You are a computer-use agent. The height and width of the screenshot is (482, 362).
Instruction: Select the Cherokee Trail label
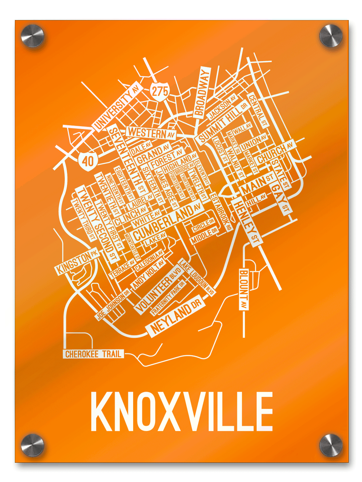pos(93,354)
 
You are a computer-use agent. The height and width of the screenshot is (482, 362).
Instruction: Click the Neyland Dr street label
pos(176,317)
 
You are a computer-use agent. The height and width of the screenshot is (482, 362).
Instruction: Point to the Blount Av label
pos(243,289)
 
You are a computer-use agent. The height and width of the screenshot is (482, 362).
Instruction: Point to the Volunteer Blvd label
pos(158,290)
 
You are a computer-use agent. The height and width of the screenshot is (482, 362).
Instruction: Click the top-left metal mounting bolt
pos(33,36)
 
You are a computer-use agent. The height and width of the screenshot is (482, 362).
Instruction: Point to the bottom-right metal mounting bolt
pos(331,445)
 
